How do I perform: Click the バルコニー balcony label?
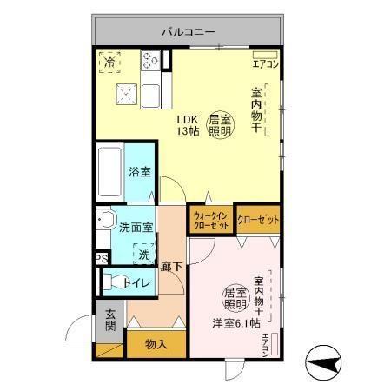point(188,33)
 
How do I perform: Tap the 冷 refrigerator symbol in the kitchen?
point(110,62)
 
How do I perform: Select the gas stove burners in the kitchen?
point(150,62)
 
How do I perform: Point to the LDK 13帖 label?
point(189,125)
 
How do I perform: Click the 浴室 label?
point(138,172)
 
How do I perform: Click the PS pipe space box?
point(101,258)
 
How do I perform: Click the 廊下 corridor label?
point(170,269)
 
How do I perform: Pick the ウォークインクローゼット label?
point(210,220)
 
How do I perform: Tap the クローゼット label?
point(258,220)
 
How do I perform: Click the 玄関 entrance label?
point(110,321)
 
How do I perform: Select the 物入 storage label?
point(156,344)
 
